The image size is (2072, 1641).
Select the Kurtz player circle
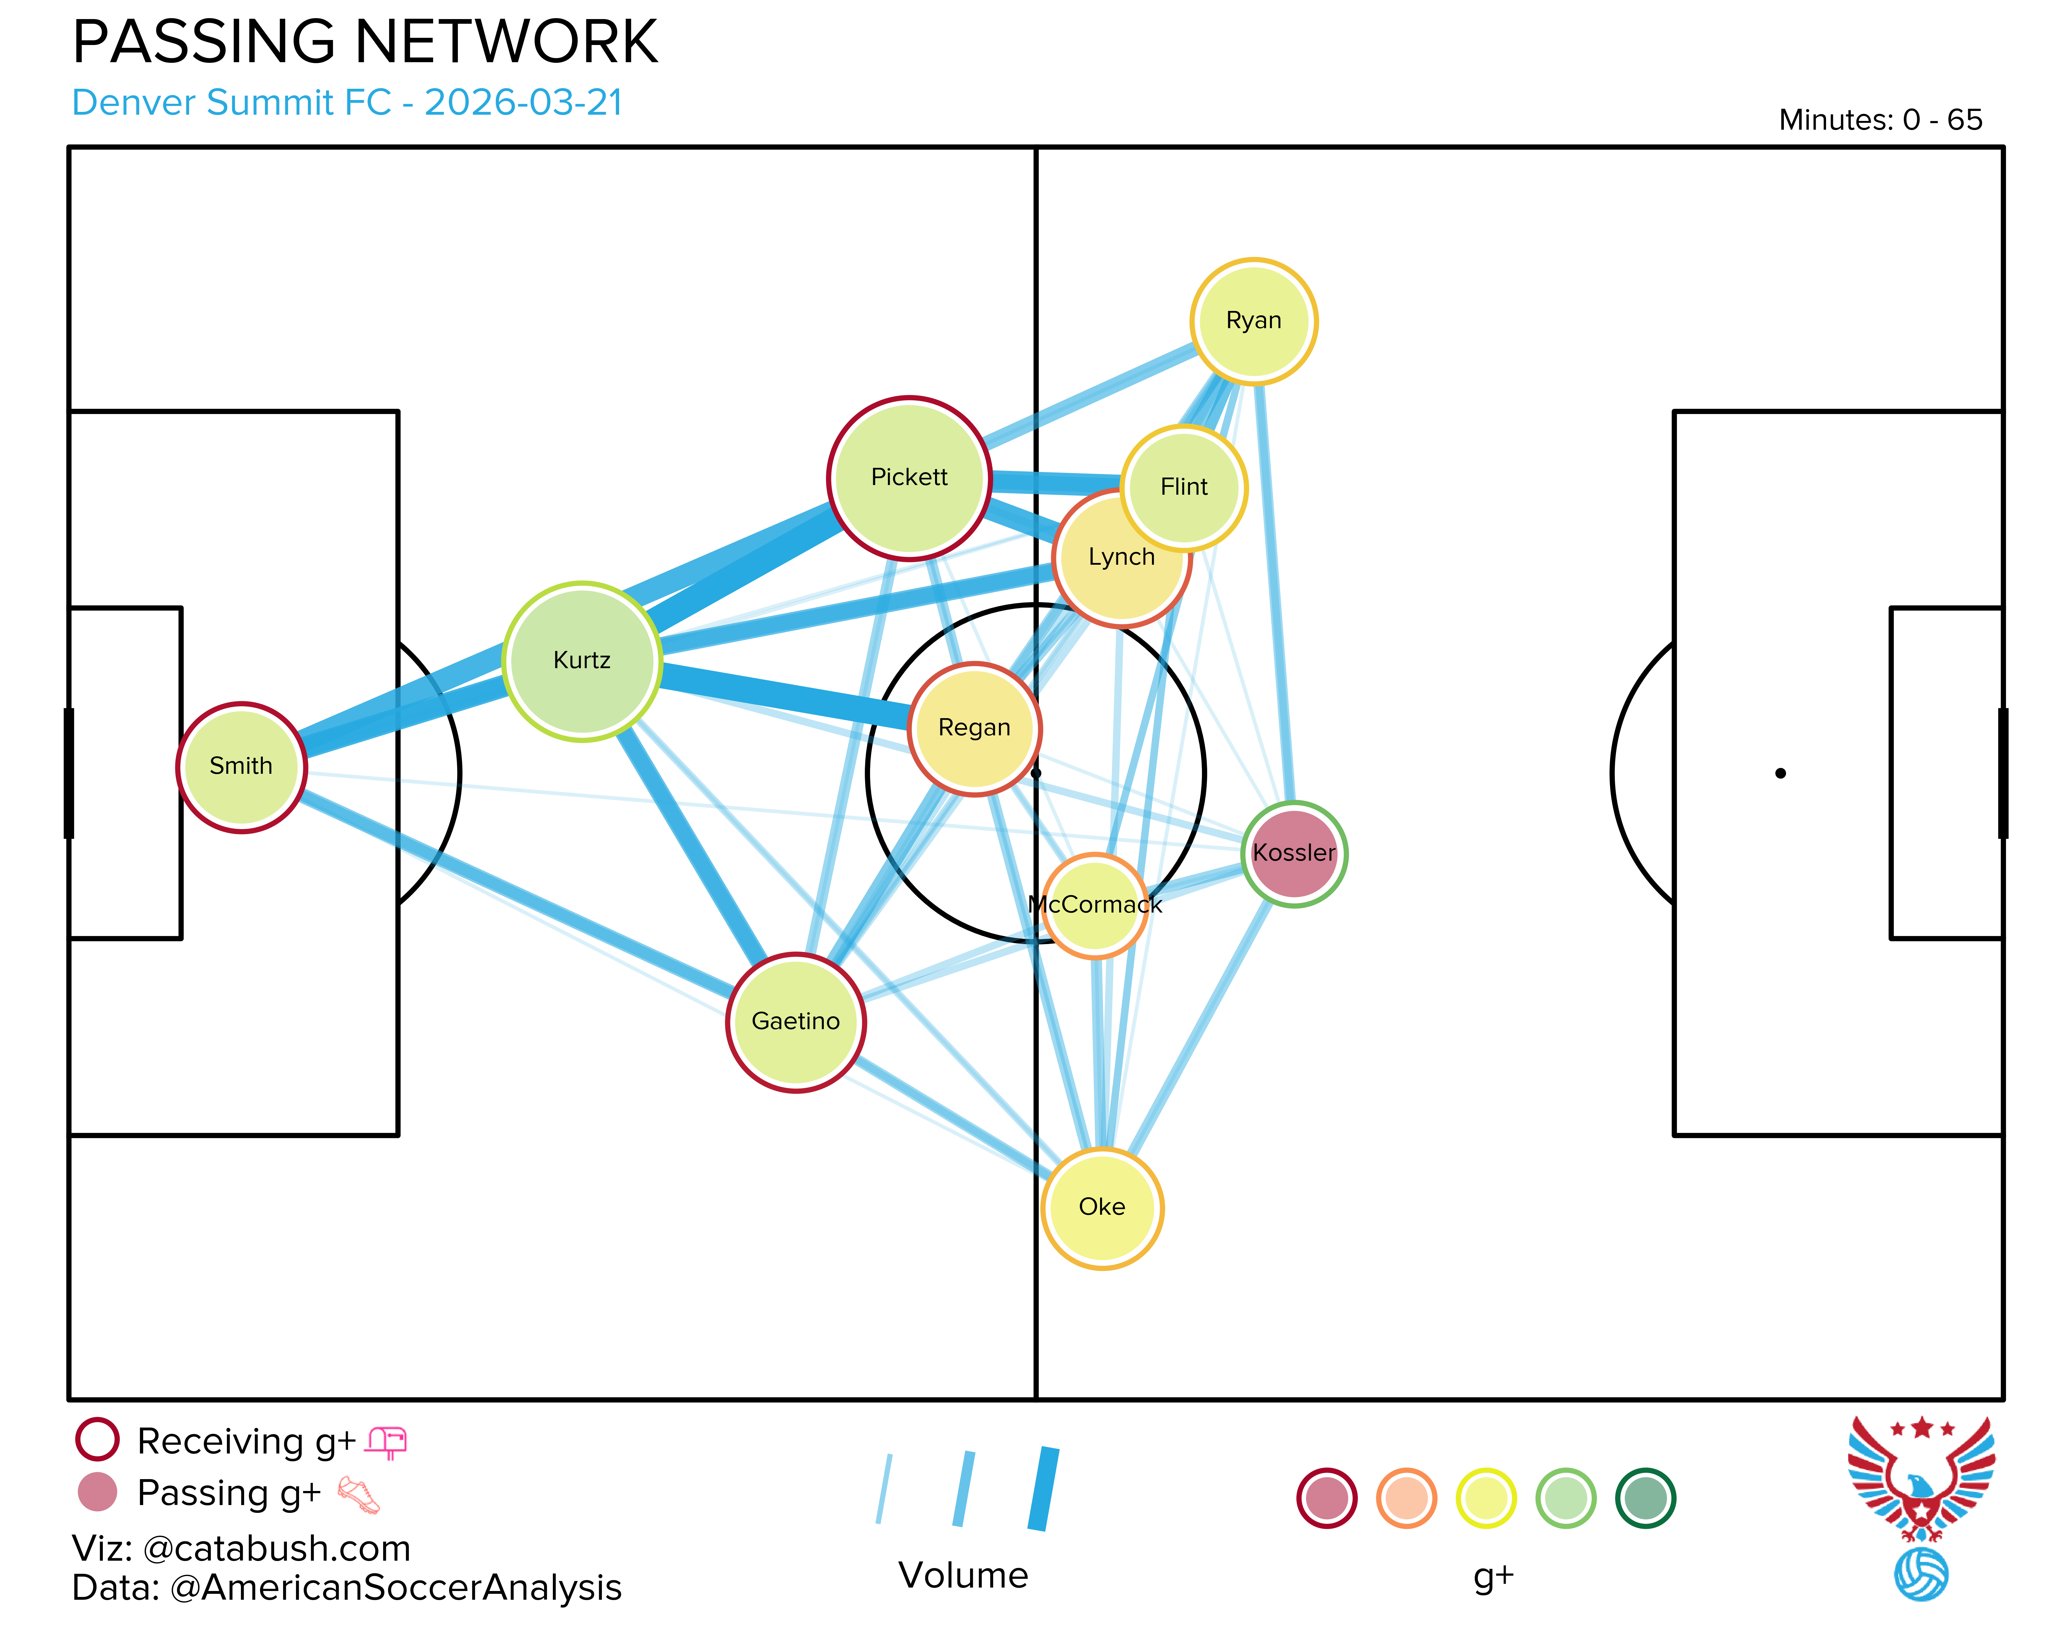(582, 661)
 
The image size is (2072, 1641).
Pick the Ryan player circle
(1254, 321)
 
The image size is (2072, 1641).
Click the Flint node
(1184, 487)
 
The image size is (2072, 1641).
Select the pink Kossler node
(1294, 853)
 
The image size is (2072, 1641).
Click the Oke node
(1102, 1208)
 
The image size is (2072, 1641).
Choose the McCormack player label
(1095, 905)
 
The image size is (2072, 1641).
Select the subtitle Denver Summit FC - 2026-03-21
(348, 103)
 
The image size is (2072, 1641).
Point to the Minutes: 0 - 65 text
(1880, 120)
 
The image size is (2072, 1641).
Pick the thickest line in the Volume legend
(1043, 1489)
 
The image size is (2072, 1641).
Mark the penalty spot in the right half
(1780, 773)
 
